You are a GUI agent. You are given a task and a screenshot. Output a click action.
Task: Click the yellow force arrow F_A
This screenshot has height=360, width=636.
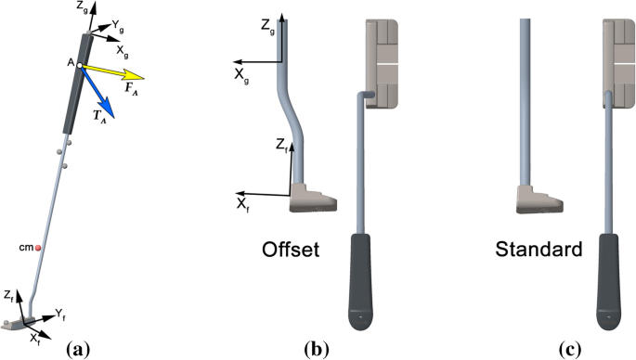point(112,72)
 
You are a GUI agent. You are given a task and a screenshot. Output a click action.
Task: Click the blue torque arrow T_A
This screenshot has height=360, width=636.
point(97,93)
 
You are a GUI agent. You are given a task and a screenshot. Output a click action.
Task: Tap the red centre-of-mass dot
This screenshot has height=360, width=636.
point(38,248)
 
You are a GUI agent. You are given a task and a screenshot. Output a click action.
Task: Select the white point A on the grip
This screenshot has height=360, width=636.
point(80,65)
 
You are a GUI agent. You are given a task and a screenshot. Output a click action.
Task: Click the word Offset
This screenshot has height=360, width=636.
point(291,250)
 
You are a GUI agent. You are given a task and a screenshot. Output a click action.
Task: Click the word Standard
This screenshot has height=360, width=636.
point(539,249)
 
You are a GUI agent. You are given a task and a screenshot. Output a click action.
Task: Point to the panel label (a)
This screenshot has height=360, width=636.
point(77,349)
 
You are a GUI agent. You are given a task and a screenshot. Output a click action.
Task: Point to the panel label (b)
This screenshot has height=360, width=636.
point(317,349)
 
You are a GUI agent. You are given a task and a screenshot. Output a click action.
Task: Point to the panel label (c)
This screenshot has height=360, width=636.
point(569,349)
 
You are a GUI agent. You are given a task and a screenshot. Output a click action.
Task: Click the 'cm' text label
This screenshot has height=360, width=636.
point(26,248)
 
